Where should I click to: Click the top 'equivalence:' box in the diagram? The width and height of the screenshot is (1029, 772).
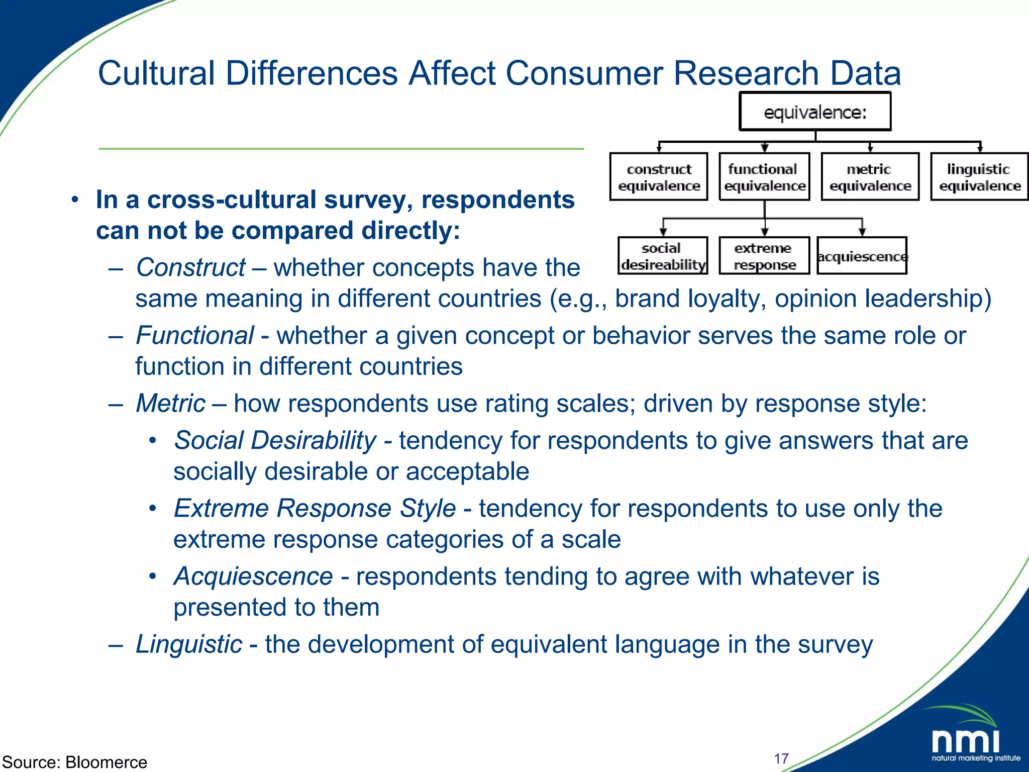coord(814,112)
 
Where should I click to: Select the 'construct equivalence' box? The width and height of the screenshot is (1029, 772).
coord(658,177)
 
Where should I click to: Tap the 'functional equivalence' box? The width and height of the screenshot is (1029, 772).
coord(764,177)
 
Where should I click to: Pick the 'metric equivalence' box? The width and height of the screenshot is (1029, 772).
coord(870,177)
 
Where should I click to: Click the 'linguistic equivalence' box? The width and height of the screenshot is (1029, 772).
coord(979,177)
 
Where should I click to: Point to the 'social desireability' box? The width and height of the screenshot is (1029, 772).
coord(662,256)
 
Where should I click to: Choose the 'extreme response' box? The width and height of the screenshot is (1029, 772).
coord(764,256)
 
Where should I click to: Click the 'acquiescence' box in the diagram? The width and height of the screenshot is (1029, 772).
coord(862,256)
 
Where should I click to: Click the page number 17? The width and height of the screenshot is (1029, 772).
coord(781,758)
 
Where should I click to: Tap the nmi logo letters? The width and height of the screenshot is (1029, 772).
coord(965,741)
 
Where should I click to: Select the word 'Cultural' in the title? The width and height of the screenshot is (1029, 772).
coord(156,73)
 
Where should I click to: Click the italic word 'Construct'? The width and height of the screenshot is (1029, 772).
coord(190,267)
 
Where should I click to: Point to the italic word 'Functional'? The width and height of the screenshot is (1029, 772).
coord(194,335)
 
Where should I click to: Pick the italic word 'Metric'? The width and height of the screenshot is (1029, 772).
coord(171,403)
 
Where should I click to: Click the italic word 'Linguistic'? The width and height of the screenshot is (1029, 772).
coord(189,644)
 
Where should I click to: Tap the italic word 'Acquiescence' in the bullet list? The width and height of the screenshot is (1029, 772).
coord(253,576)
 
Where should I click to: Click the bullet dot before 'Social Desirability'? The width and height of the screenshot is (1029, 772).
coord(153,441)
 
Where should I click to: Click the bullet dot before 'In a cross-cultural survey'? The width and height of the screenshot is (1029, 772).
coord(75,200)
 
